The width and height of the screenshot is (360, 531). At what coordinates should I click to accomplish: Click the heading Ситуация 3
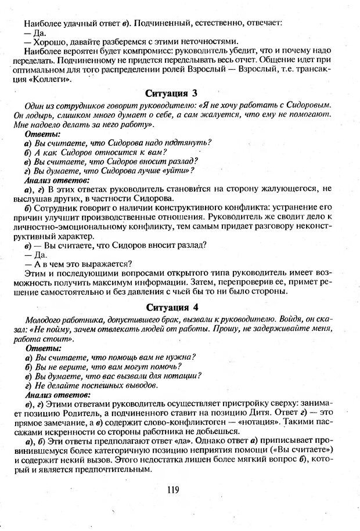pos(181,93)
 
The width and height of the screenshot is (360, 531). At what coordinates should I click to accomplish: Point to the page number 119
pos(172,490)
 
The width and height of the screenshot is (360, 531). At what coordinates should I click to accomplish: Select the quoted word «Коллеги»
pos(50,79)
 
